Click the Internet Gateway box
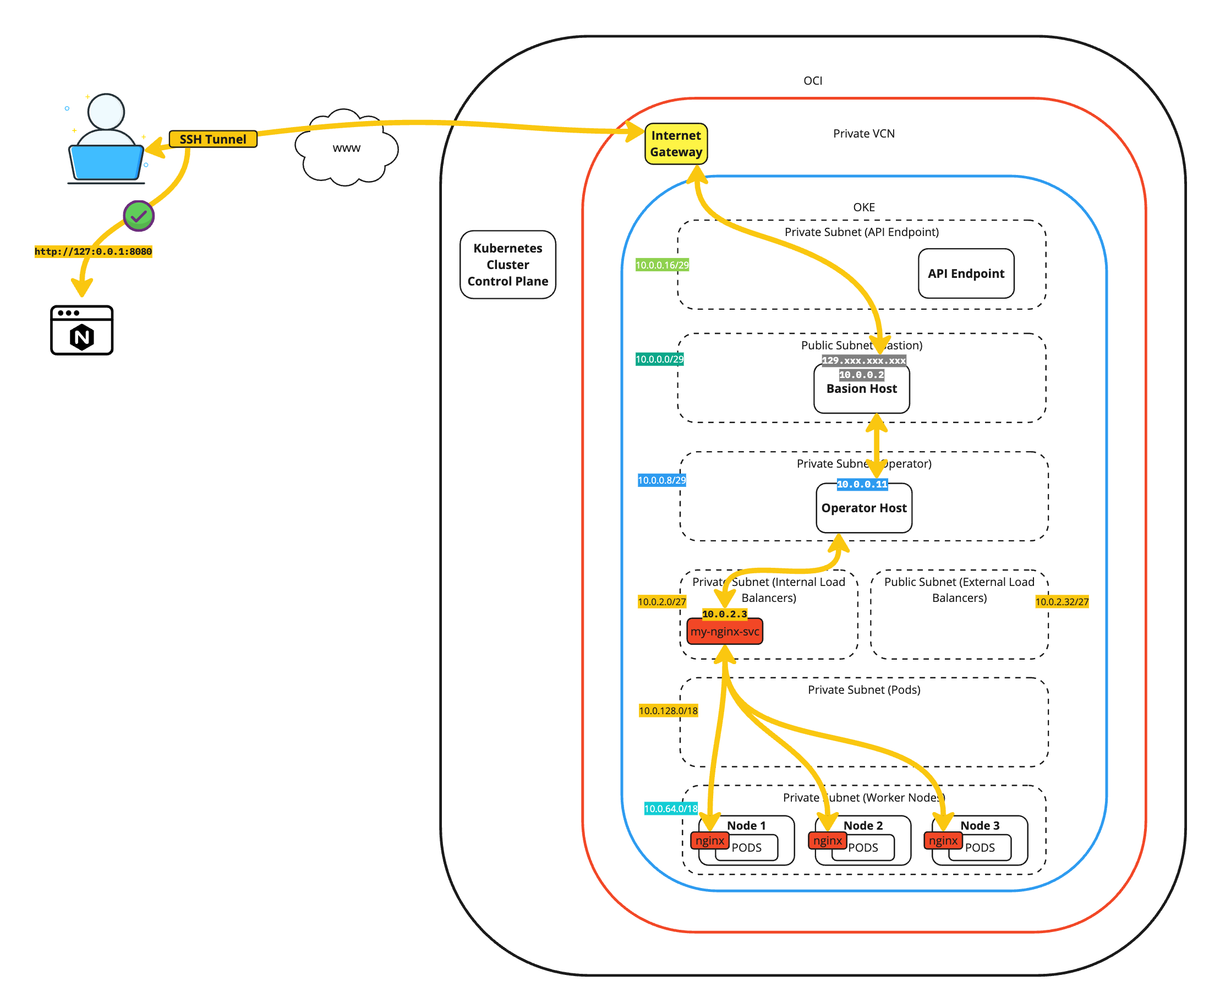pyautogui.click(x=675, y=144)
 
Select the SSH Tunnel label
pyautogui.click(x=212, y=139)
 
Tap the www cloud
pyautogui.click(x=346, y=148)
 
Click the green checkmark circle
pyautogui.click(x=139, y=216)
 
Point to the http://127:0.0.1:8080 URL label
pyautogui.click(x=93, y=251)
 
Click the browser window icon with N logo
pyautogui.click(x=81, y=330)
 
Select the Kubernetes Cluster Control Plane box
pyautogui.click(x=507, y=265)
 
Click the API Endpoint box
pyautogui.click(x=966, y=273)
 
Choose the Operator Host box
pyautogui.click(x=863, y=508)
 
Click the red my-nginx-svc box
pyautogui.click(x=725, y=632)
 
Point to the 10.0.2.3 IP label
pyautogui.click(x=725, y=613)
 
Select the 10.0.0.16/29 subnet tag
pyautogui.click(x=663, y=265)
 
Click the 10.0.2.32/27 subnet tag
pyautogui.click(x=1062, y=602)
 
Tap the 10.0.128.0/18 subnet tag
pyautogui.click(x=668, y=711)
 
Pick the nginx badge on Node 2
pyautogui.click(x=827, y=841)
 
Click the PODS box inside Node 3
pyautogui.click(x=980, y=848)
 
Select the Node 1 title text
pyautogui.click(x=746, y=826)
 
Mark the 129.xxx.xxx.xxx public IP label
pyautogui.click(x=863, y=360)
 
